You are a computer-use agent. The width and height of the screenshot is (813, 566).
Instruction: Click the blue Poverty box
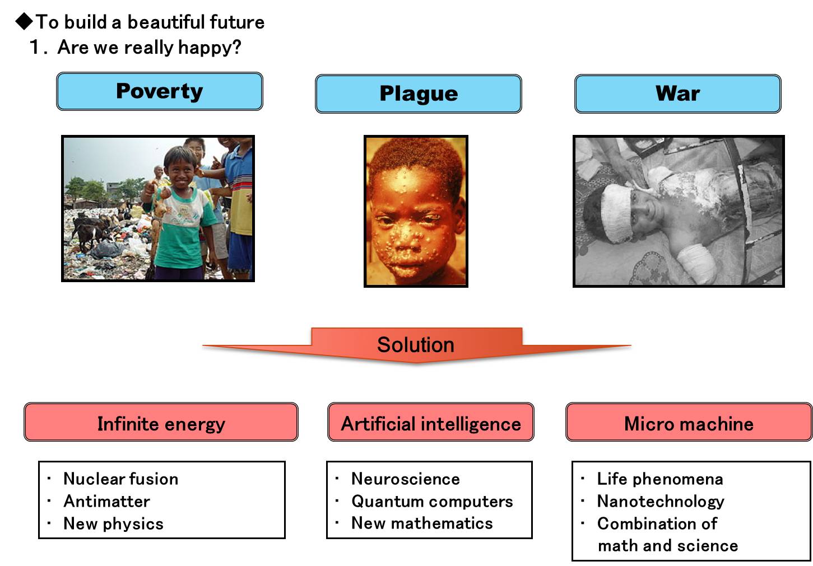[x=160, y=91]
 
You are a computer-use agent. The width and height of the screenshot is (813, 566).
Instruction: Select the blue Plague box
[x=419, y=94]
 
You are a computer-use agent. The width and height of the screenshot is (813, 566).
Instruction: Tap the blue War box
[x=677, y=94]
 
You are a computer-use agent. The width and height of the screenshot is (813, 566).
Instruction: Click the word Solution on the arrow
[x=416, y=344]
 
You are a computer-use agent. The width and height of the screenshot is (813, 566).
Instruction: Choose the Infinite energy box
[x=161, y=422]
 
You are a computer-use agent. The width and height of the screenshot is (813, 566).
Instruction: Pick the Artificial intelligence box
[x=431, y=422]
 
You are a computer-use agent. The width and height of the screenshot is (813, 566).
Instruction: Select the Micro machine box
[x=689, y=422]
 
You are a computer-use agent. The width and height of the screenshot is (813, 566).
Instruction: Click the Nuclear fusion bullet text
[x=121, y=479]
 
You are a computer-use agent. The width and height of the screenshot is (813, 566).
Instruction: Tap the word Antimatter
[x=106, y=502]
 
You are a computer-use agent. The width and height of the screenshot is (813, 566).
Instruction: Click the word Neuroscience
[x=406, y=479]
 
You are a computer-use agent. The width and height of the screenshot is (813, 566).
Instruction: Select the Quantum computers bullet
[x=432, y=502]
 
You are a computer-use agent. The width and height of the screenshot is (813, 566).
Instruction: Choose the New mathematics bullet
[x=422, y=523]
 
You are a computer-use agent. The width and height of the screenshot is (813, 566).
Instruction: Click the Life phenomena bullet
[x=660, y=479]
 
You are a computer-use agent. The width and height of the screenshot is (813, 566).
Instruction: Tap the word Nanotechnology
[x=661, y=502]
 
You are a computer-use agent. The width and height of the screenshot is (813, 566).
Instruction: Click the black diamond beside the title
[x=25, y=21]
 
